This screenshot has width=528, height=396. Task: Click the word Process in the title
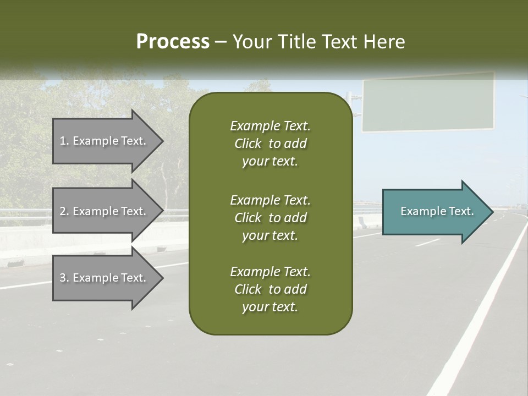point(173,42)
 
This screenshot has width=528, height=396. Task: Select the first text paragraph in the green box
point(270,144)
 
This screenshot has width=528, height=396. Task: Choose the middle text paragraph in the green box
point(270,218)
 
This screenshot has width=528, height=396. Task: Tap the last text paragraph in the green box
point(270,289)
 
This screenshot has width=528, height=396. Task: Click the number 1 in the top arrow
point(63,141)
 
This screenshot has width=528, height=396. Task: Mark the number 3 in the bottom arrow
point(63,278)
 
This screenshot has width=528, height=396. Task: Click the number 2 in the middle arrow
point(63,211)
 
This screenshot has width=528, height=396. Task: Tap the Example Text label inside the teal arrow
point(437,211)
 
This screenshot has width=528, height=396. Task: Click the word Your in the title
point(251,42)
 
